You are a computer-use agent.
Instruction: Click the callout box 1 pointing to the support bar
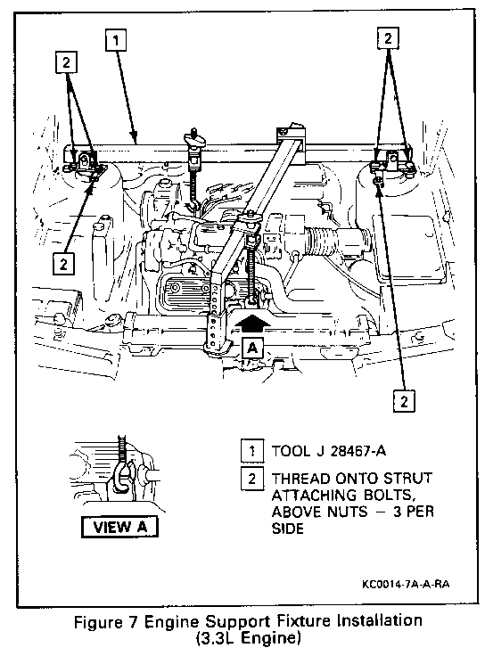click(116, 40)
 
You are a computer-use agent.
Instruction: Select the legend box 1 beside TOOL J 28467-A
click(252, 451)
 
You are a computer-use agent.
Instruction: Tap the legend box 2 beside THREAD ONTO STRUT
click(252, 479)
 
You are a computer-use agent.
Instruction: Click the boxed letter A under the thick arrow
click(252, 348)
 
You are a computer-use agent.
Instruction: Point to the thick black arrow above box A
click(252, 325)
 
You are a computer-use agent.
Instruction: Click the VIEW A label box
click(119, 527)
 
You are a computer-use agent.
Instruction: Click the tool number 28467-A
click(358, 451)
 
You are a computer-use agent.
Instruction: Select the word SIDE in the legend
click(287, 529)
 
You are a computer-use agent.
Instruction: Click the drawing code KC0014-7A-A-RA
click(406, 584)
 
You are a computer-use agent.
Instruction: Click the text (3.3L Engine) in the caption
click(248, 638)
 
